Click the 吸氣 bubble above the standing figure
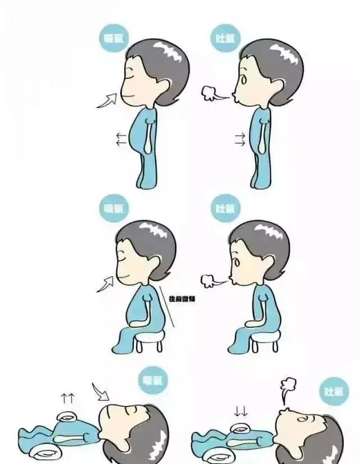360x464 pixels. (114, 39)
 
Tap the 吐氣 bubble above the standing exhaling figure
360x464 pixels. (226, 39)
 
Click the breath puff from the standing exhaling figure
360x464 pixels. (213, 94)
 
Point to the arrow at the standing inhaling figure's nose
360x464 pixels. (107, 100)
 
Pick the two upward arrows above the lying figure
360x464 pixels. (68, 399)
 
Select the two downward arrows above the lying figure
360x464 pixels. (241, 411)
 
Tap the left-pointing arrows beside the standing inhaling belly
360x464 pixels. (121, 139)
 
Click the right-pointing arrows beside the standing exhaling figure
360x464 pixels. (240, 139)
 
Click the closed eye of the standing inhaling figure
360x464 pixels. (133, 77)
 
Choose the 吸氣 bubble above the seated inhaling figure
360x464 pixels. (114, 208)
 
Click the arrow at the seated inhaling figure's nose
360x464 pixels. (106, 283)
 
